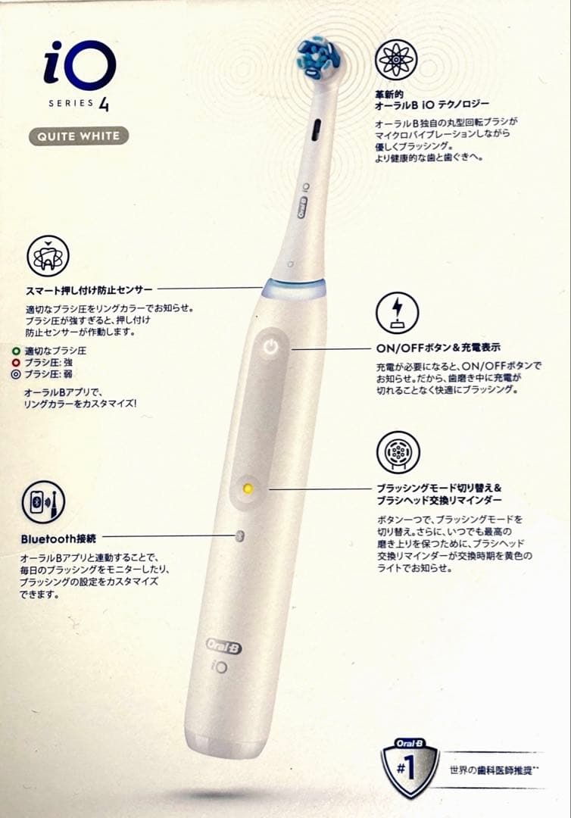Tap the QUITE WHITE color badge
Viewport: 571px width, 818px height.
point(79,136)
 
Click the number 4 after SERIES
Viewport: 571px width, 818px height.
point(103,104)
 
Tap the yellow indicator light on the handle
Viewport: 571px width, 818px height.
point(247,489)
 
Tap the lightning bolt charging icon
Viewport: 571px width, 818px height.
point(397,313)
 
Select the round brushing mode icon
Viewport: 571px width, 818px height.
point(397,452)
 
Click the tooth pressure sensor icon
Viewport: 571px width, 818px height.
point(47,255)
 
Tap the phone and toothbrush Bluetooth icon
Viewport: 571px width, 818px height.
point(43,502)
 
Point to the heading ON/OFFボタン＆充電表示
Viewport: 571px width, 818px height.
point(438,348)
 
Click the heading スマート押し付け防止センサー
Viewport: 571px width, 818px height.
point(89,289)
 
